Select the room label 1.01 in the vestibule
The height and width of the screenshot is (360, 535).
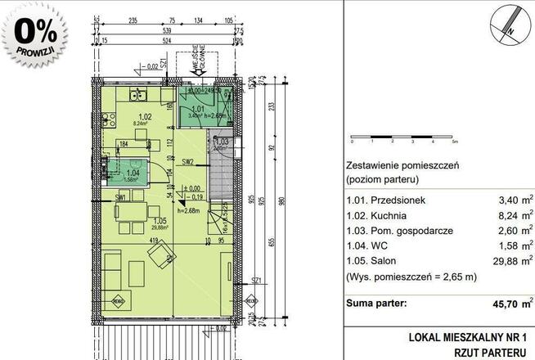pyautogui.click(x=197, y=109)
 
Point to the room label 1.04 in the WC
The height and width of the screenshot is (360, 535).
pyautogui.click(x=133, y=173)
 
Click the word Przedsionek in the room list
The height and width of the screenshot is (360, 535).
pyautogui.click(x=384, y=200)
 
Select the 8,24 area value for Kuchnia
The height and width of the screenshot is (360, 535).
pyautogui.click(x=503, y=216)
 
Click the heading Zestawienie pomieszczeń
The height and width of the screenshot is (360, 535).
pyautogui.click(x=401, y=164)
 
